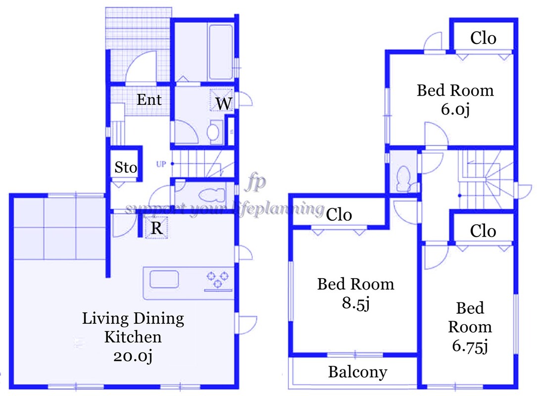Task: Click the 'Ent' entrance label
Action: pyautogui.click(x=149, y=100)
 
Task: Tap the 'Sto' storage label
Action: pyautogui.click(x=126, y=167)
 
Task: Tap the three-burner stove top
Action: pyautogui.click(x=218, y=279)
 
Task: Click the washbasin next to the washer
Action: pyautogui.click(x=212, y=132)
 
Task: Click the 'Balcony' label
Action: pyautogui.click(x=357, y=372)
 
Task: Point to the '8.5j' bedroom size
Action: pyautogui.click(x=355, y=303)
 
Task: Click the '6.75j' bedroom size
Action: pyautogui.click(x=470, y=346)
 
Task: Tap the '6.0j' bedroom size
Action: pyautogui.click(x=454, y=108)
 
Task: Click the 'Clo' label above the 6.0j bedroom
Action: pyautogui.click(x=483, y=38)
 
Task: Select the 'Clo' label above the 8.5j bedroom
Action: pyautogui.click(x=339, y=214)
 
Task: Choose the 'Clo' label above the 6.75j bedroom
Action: pyautogui.click(x=483, y=231)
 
